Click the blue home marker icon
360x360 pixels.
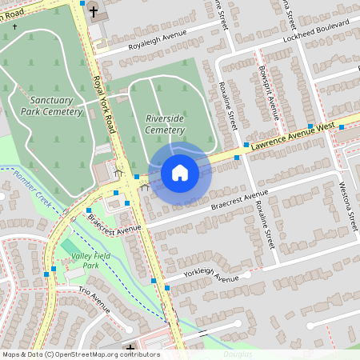coord(180,173)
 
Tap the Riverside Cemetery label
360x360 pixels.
coord(165,124)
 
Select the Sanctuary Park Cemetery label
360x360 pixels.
coord(57,106)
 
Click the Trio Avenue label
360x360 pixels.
coord(94,299)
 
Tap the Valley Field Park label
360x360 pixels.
coord(86,260)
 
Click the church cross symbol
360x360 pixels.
coord(94,11)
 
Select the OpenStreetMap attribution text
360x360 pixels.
coord(81,354)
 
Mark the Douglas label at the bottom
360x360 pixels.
coord(238,353)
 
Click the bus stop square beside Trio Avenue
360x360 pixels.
coord(46,274)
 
